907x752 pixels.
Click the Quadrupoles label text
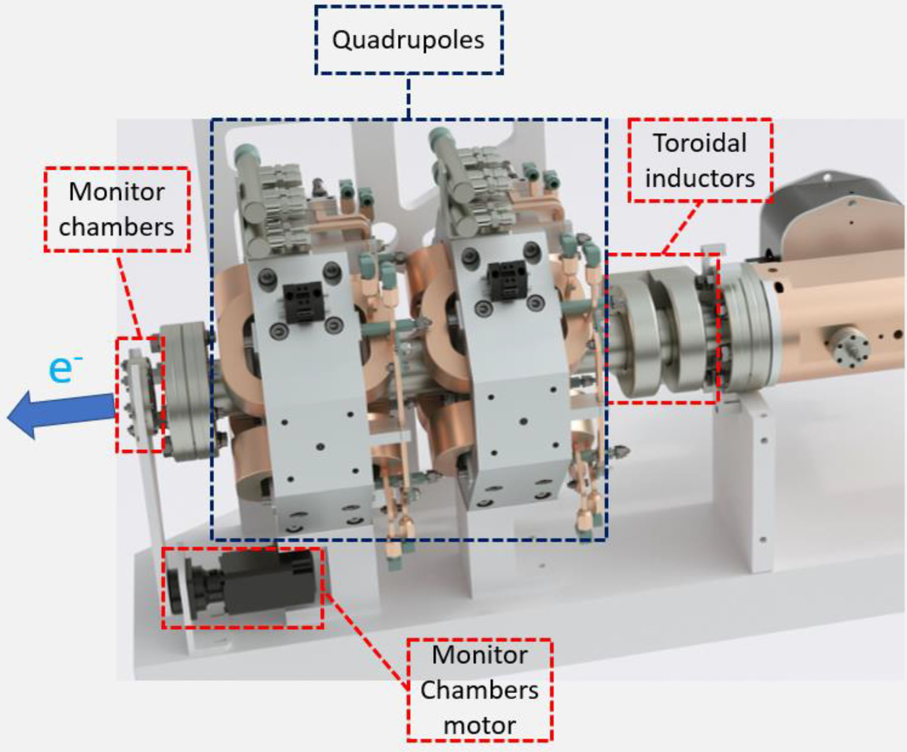408,40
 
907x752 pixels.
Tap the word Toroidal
700,144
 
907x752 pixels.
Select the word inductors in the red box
700,179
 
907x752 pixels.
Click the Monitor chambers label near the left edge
116,209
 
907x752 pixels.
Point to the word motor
480,725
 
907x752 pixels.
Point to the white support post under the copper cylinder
743,482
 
